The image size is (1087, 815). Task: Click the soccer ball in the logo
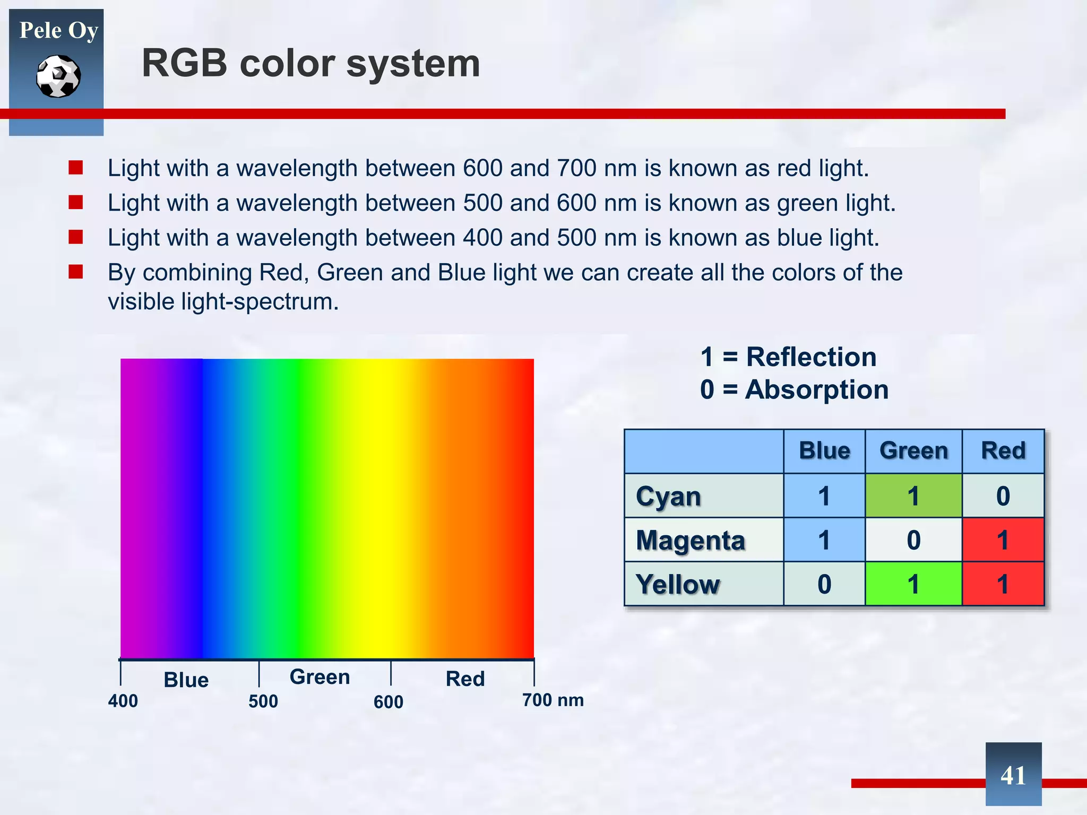58,76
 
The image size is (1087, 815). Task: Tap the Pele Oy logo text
58,30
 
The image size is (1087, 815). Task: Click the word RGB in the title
184,64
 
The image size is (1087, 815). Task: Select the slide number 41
1013,775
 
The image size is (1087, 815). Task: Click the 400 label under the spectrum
123,701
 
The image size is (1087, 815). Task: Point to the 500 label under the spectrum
263,701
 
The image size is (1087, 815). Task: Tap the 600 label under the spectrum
388,702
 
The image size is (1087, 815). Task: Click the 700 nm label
553,700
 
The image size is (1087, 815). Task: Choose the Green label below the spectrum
320,677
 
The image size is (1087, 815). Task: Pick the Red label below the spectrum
465,679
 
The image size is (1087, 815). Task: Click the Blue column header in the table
824,450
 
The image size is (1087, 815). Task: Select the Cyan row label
668,497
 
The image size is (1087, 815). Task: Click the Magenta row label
690,541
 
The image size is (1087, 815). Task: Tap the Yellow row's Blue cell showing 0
824,584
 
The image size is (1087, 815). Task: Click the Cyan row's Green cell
913,496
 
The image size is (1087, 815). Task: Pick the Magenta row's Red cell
1003,540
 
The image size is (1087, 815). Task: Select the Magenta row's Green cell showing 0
913,540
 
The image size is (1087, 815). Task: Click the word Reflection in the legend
811,357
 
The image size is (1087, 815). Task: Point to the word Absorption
816,389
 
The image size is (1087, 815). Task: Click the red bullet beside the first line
76,168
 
